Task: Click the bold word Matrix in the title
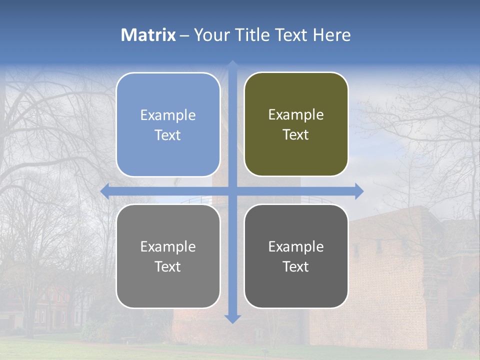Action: pos(148,35)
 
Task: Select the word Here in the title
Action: pos(331,35)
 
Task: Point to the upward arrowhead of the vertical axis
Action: pos(232,64)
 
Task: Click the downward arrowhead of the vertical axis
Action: pos(232,319)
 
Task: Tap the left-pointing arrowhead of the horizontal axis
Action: pos(104,191)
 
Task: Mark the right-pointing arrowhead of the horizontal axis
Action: pos(359,191)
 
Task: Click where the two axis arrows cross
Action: pos(232,191)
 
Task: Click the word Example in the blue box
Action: pos(168,115)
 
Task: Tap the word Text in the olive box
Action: pos(296,135)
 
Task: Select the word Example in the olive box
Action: pos(296,115)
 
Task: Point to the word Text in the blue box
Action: pos(168,135)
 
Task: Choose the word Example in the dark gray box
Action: pos(296,246)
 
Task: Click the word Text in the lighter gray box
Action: pos(168,266)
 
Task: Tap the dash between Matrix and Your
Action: pos(184,35)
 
